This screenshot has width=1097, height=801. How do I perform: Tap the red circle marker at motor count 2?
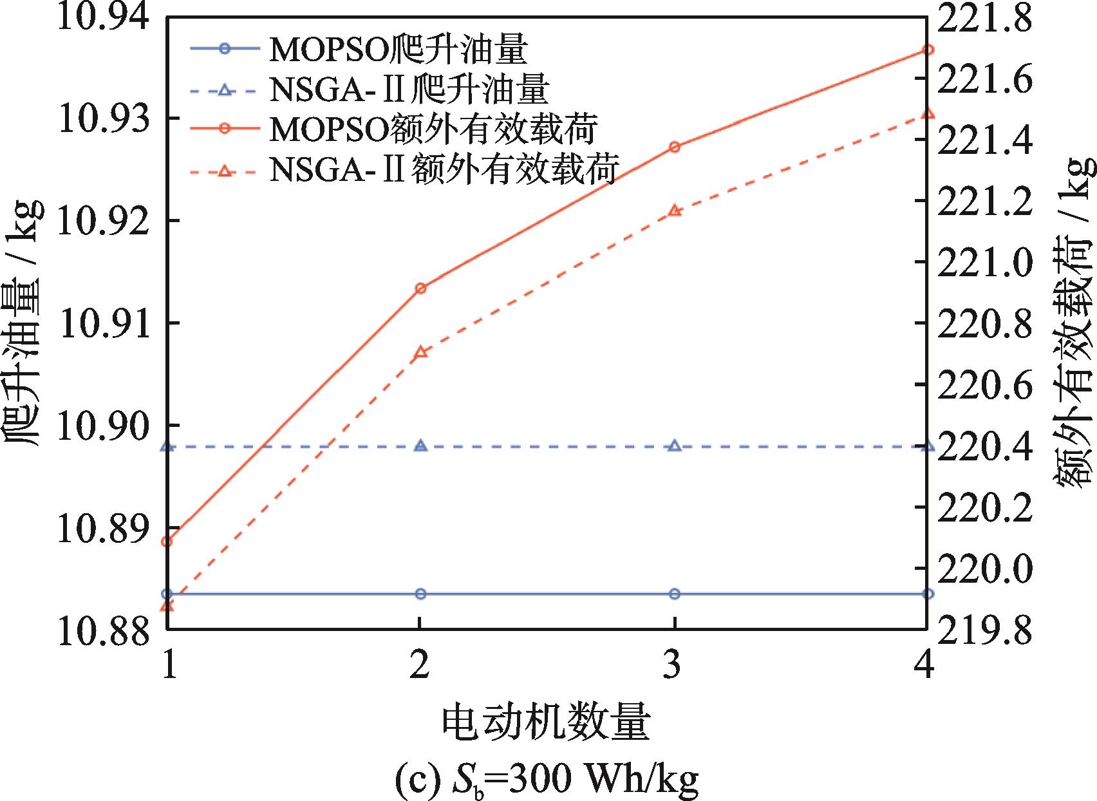click(x=420, y=288)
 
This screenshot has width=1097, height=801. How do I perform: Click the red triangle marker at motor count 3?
click(x=675, y=211)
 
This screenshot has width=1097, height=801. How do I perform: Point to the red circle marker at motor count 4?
click(x=928, y=50)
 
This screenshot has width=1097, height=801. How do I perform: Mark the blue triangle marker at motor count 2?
click(x=420, y=446)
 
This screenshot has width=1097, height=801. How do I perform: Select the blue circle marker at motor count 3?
click(x=675, y=594)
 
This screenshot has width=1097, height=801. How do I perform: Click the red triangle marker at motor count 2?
click(x=420, y=352)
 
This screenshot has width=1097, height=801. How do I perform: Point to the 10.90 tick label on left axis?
click(x=102, y=426)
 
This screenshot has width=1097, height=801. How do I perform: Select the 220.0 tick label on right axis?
click(x=984, y=569)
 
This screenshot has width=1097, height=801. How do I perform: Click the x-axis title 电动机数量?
click(x=546, y=723)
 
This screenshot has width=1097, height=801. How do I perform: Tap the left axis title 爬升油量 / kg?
click(x=24, y=322)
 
